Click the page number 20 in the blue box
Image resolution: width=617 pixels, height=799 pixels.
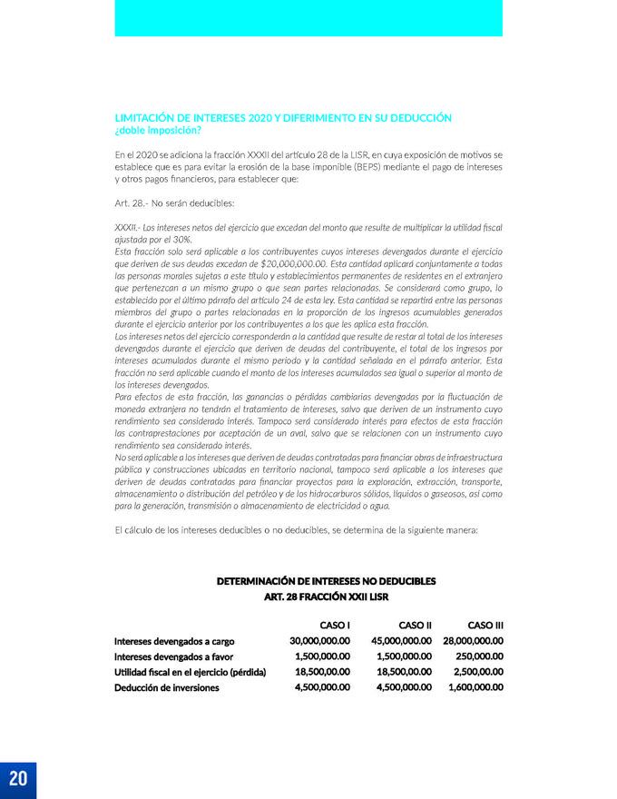18,779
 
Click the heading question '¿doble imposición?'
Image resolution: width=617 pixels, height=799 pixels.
158,131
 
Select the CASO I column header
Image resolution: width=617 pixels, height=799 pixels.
335,625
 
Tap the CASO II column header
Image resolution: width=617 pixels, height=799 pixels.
415,625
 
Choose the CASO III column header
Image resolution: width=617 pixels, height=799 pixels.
485,625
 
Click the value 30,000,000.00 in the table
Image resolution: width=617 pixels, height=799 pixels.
319,641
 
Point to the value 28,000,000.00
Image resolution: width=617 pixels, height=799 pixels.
474,641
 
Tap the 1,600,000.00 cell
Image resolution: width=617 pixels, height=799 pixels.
476,687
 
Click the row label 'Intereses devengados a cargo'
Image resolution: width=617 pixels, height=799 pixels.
174,642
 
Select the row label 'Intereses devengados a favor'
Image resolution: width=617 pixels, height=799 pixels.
173,656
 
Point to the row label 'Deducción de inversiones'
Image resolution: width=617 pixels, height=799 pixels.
166,688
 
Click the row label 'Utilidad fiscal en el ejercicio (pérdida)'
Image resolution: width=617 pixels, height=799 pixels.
190,672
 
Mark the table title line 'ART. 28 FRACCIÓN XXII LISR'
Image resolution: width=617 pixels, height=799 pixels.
326,597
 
